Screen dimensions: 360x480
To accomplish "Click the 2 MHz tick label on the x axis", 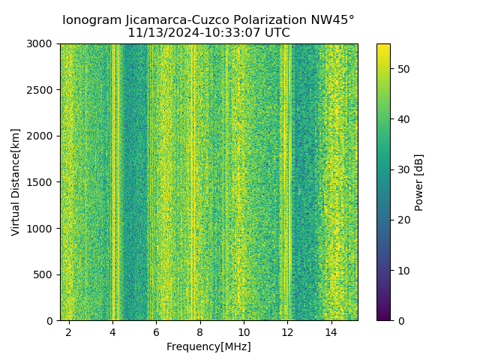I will [69, 331].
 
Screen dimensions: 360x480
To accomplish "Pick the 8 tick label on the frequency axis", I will [200, 331].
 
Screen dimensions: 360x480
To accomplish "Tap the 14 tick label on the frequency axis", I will [331, 331].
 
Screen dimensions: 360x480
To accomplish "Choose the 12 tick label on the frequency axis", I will [287, 331].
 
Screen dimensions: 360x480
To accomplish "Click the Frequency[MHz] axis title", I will [208, 346].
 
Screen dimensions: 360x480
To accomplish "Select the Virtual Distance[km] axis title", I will [16, 182].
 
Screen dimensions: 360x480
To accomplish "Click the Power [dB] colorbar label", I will [419, 182].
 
